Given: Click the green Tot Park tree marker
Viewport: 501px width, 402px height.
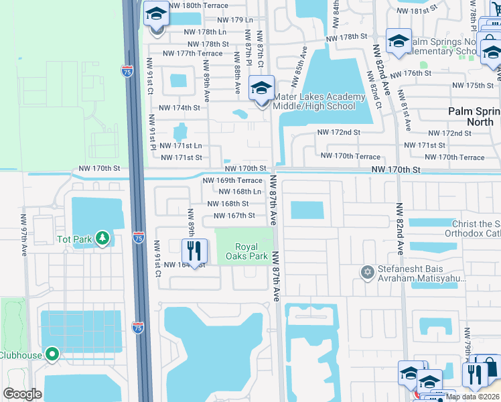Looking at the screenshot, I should point(102,238).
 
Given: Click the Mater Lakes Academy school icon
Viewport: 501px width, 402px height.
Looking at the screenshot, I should point(261,88).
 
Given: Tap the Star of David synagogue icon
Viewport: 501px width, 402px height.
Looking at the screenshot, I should point(366,272).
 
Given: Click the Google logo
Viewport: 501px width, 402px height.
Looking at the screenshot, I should point(22,394).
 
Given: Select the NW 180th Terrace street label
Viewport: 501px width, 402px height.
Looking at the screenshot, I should point(199,5).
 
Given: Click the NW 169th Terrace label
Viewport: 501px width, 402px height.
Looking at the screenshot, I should point(232,180).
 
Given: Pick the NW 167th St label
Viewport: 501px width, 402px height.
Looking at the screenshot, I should point(234,215).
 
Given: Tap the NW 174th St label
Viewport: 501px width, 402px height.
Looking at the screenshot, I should point(179,107).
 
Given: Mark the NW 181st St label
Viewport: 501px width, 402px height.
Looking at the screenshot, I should point(416,11).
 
